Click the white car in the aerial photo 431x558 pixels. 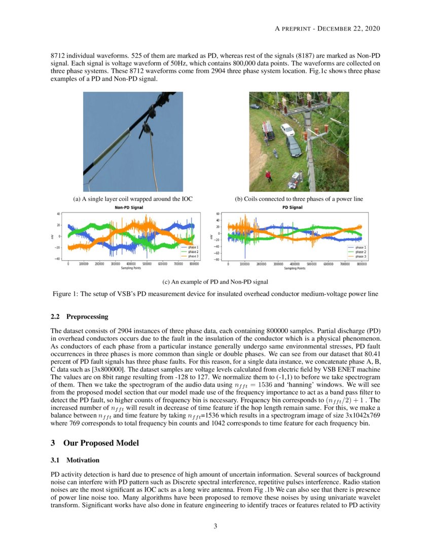[288, 130]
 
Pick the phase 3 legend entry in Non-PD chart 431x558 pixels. [192, 257]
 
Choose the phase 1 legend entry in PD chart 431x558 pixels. [360, 248]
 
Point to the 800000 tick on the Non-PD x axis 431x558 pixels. [194, 264]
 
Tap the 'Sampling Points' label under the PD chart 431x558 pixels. [295, 268]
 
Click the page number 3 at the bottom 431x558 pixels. [215, 526]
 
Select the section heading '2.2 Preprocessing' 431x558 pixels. [80, 317]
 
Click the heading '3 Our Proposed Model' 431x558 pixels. [95, 443]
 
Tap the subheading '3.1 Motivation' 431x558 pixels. [76, 461]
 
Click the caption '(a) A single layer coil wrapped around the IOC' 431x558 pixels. [133, 199]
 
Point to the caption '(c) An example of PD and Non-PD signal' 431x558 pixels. [215, 282]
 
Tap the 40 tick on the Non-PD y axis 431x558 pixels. [58, 214]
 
